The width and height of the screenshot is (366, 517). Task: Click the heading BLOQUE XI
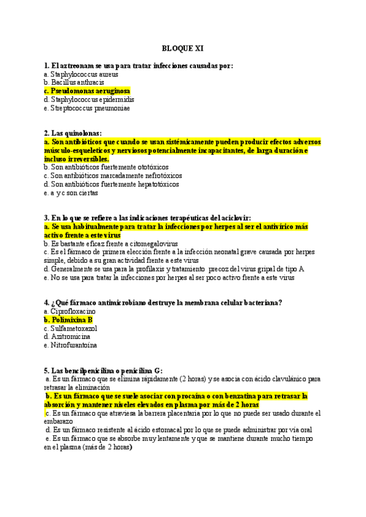[x=182, y=48]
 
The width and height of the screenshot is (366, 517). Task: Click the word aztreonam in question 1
[x=78, y=65]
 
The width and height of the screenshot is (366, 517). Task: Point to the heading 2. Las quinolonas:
[x=73, y=134]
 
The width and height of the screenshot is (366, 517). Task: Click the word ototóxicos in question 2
[x=152, y=167]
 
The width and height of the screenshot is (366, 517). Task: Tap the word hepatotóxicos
[x=158, y=184]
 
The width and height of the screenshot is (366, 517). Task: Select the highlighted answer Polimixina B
[x=71, y=320]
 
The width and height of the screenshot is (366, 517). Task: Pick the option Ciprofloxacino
[x=74, y=312]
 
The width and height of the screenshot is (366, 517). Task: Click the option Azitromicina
[x=71, y=337]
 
